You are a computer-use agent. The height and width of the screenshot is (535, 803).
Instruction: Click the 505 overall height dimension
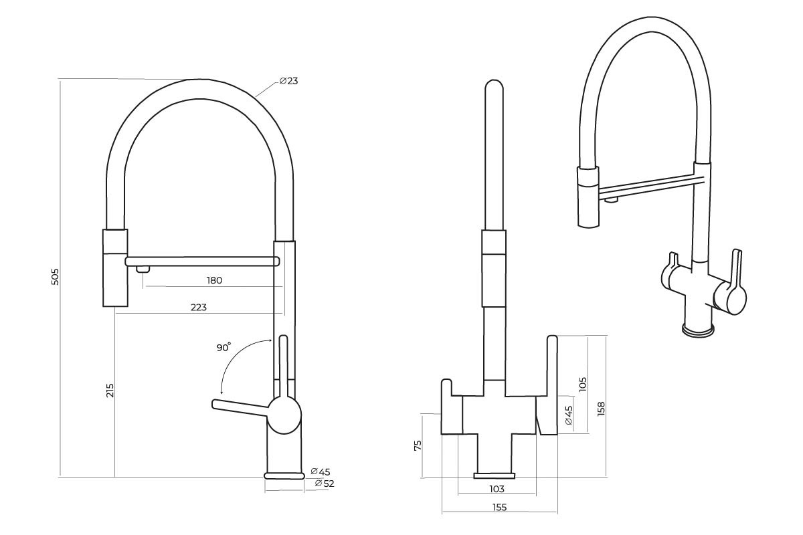click(x=56, y=277)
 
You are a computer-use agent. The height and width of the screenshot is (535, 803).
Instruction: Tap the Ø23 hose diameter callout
click(x=288, y=81)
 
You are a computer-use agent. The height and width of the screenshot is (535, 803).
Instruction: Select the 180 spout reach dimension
click(x=214, y=281)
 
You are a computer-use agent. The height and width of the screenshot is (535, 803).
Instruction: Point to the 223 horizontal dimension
click(x=198, y=308)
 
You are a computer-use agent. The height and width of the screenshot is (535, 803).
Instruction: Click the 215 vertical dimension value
click(x=110, y=391)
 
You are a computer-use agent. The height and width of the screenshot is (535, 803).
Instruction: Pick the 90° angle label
click(x=224, y=348)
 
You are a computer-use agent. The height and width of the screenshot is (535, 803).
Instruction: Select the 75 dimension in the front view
click(x=418, y=445)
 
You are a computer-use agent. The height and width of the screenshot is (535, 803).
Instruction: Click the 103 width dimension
click(x=497, y=489)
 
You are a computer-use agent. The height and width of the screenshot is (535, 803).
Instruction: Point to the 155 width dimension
click(x=499, y=507)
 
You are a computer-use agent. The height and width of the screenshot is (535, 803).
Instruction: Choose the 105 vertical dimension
click(x=583, y=384)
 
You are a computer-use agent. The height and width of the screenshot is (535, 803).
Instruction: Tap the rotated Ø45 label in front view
click(x=569, y=415)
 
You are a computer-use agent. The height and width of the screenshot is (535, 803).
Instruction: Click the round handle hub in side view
click(x=284, y=414)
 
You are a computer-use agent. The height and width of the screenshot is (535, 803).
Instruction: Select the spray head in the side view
click(x=114, y=267)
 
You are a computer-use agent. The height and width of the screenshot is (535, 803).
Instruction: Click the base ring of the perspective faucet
click(x=699, y=330)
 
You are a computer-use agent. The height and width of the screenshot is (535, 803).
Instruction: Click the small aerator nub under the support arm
click(x=143, y=269)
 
